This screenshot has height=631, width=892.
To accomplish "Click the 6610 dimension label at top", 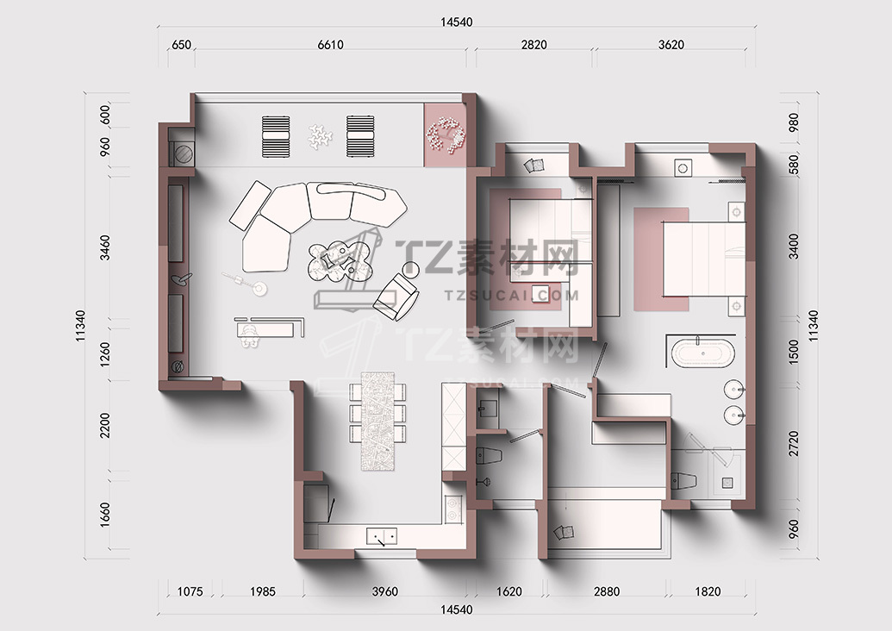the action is [x=330, y=44].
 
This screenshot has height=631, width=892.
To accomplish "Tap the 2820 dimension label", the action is [x=533, y=44].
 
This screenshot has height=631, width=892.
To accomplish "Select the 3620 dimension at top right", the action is [x=671, y=44].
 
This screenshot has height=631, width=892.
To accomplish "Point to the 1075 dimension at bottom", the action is [x=190, y=591].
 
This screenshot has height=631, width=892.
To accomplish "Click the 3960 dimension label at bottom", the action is [x=384, y=591].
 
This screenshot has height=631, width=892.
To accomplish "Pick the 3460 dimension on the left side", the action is [x=105, y=247].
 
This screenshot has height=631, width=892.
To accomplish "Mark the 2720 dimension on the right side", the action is [x=794, y=443].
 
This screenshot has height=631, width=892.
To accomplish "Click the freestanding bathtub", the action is [x=703, y=353].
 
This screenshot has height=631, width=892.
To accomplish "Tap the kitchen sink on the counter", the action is [x=381, y=536].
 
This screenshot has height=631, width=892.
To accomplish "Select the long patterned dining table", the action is [x=377, y=421].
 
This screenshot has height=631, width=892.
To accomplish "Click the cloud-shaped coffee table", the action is [x=339, y=262].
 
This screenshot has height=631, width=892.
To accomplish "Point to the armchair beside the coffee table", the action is [x=396, y=297].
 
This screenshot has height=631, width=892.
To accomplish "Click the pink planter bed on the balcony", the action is [x=446, y=134].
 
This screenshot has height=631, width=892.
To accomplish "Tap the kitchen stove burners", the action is [x=453, y=509].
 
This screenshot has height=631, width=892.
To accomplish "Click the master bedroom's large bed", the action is [x=704, y=259].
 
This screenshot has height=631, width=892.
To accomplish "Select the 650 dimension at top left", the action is [x=181, y=44].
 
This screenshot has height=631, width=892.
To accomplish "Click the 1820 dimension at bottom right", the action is [x=708, y=591].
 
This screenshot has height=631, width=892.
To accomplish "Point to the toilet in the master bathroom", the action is [x=683, y=480].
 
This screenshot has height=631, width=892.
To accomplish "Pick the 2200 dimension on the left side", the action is [x=105, y=425].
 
